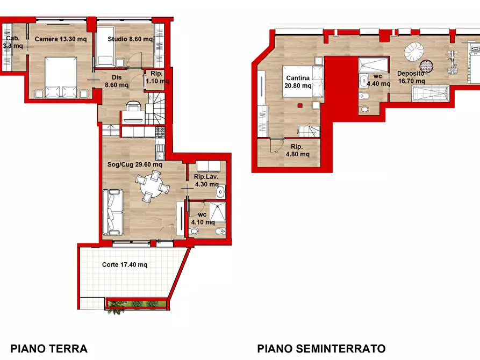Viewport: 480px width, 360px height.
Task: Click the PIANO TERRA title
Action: pyautogui.click(x=48, y=348)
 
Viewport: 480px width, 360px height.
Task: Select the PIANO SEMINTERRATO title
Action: pyautogui.click(x=321, y=348)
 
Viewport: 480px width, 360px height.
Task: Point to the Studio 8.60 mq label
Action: pyautogui.click(x=130, y=39)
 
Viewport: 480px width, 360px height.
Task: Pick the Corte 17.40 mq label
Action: pyautogui.click(x=125, y=265)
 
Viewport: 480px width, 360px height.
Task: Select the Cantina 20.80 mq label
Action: pyautogui.click(x=298, y=82)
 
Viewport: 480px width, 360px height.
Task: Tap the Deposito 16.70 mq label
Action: pyautogui.click(x=411, y=77)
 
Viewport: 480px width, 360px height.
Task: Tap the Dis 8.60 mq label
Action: pyautogui.click(x=117, y=81)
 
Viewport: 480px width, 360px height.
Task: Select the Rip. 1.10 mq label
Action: pyautogui.click(x=157, y=78)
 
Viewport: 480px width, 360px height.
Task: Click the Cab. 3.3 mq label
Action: pyautogui.click(x=13, y=42)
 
